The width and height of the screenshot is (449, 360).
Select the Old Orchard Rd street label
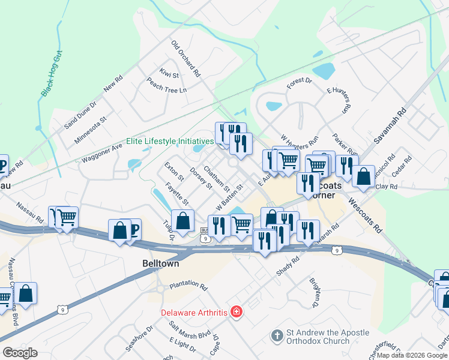point(185,59)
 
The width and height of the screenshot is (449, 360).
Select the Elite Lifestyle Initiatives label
point(170,142)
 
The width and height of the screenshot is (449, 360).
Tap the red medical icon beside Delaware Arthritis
point(237,312)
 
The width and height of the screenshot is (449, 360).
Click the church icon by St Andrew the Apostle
point(277,335)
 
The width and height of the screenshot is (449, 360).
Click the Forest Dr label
point(300,83)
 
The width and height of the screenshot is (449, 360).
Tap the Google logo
point(20,353)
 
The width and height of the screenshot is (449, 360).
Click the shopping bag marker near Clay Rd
point(363,177)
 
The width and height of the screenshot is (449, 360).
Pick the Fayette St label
point(176,193)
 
